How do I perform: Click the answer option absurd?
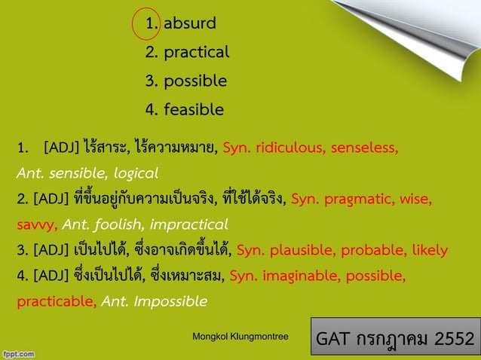(x=190, y=23)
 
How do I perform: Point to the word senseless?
(x=363, y=146)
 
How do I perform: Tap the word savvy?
(x=36, y=224)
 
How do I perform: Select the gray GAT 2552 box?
(x=396, y=337)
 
